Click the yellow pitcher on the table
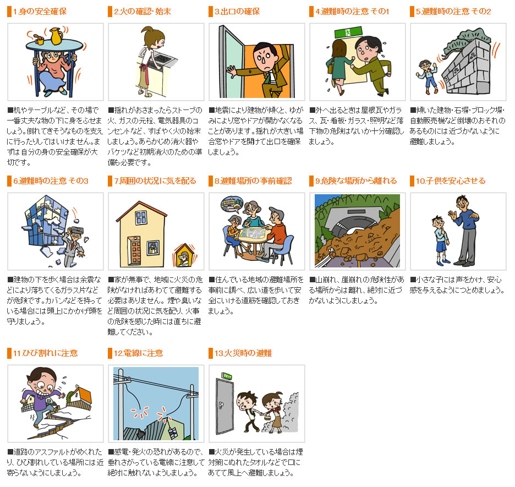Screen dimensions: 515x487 click(x=56, y=36)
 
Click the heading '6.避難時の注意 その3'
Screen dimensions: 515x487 click(x=51, y=181)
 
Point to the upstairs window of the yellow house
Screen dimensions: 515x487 click(x=141, y=217)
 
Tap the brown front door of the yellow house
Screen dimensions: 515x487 click(x=134, y=250)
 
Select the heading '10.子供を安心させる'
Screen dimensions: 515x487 click(x=451, y=181)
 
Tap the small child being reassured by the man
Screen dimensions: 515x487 click(x=440, y=240)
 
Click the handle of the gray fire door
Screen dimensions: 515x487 click(x=222, y=404)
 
